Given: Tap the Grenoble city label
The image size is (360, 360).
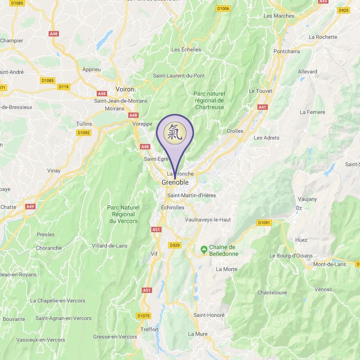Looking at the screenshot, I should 175,183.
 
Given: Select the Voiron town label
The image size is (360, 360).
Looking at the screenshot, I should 125,90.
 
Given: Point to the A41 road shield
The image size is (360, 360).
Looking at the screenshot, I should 262,107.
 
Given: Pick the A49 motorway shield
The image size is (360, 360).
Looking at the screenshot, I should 30,207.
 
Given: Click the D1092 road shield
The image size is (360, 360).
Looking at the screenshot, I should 84,133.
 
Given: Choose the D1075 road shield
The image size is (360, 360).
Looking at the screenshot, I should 143,316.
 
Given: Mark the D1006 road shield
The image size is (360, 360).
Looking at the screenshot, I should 223,9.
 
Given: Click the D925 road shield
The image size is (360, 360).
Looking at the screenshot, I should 343,10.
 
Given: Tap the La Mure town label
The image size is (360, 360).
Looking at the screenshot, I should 198,334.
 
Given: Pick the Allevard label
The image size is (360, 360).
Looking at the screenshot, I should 307,72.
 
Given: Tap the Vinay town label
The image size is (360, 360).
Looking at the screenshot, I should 54,171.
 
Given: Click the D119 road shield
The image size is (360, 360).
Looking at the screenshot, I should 64,87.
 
